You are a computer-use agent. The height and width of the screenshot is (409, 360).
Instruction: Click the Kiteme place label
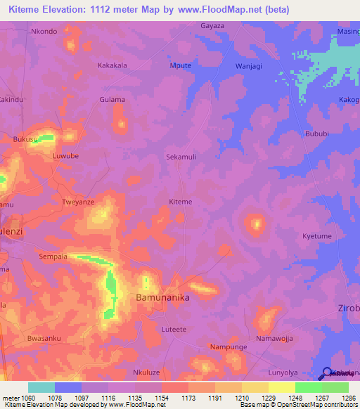click(181, 202)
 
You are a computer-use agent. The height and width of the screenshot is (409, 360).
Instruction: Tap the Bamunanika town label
click(162, 298)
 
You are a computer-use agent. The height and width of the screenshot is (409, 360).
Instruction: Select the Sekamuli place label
click(181, 157)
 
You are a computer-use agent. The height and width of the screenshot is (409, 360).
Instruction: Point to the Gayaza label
click(212, 26)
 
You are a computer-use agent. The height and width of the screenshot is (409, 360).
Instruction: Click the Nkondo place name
click(44, 32)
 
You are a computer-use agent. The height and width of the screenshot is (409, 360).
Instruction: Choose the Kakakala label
click(112, 65)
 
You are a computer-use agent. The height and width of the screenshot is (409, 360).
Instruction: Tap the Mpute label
click(181, 65)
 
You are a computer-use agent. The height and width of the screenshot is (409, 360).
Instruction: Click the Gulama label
click(112, 100)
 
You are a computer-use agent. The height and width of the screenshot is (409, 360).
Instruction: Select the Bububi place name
click(316, 133)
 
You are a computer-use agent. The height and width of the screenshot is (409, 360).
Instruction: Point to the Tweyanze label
click(79, 201)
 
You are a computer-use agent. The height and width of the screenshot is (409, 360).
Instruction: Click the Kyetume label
click(316, 236)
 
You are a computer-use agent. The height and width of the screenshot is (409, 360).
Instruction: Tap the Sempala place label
click(53, 257)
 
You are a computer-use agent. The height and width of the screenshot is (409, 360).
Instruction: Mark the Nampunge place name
click(227, 347)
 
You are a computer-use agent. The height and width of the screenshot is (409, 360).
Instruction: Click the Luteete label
click(174, 329)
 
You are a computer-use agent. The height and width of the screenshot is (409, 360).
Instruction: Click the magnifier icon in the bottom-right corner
click(326, 374)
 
